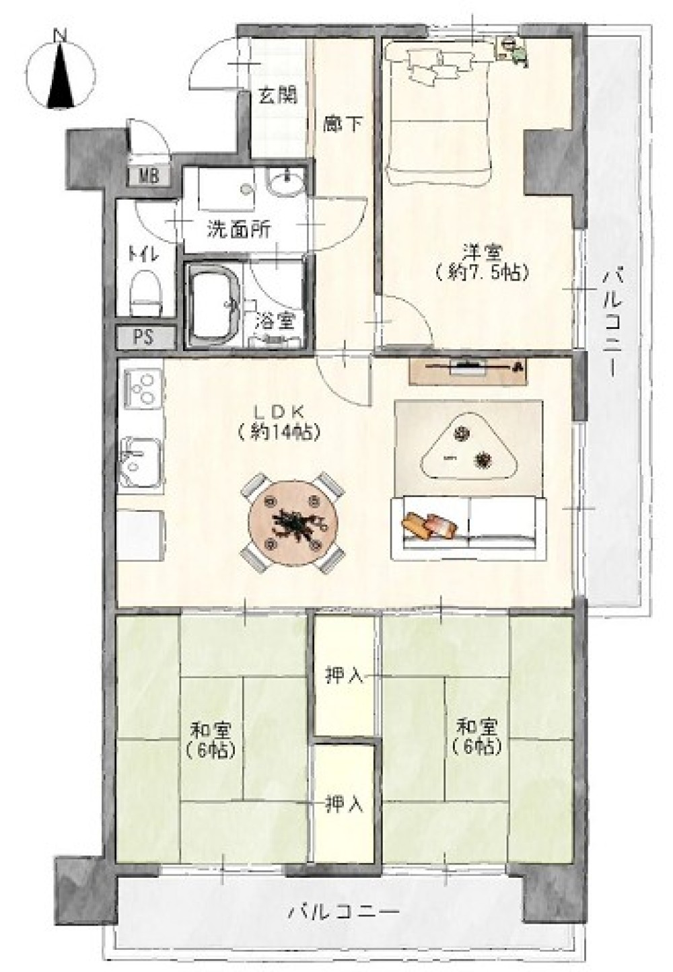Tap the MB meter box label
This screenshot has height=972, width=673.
[149, 176]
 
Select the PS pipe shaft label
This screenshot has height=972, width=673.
[144, 337]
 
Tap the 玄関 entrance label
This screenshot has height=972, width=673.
[278, 95]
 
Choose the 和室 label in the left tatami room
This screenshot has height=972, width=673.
[211, 731]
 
